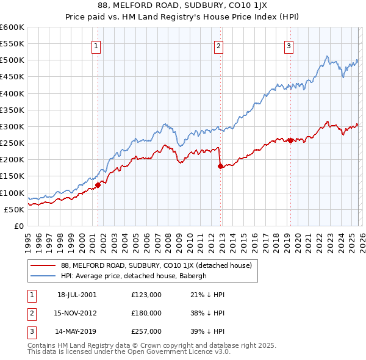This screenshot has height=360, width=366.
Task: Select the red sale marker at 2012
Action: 220,166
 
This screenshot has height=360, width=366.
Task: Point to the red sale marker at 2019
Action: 290,140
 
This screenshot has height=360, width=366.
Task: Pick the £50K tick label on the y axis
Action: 14,209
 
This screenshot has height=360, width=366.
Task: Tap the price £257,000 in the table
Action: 146,331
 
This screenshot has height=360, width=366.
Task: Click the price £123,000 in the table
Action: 146,295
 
